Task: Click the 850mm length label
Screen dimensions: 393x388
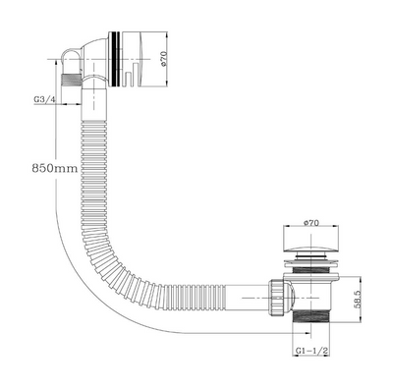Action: point(55,168)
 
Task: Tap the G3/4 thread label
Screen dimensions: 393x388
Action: point(44,99)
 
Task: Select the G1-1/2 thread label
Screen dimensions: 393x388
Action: point(312,351)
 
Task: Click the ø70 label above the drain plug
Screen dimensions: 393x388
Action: point(310,223)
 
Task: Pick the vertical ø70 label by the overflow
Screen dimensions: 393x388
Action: point(164,58)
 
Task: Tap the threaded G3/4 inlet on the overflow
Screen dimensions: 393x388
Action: point(72,80)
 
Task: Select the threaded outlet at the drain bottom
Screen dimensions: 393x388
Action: point(310,318)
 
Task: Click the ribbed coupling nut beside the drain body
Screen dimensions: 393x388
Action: point(276,298)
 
